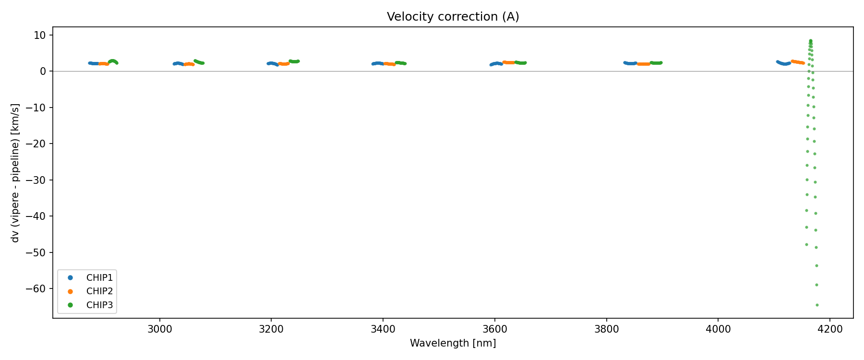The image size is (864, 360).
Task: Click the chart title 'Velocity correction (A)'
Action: click(453, 17)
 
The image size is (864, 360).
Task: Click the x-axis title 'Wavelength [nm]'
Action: click(453, 343)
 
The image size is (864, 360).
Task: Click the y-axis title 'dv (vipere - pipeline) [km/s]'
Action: click(15, 173)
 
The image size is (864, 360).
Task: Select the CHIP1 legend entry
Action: click(99, 277)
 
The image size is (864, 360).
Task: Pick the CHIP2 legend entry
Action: click(99, 291)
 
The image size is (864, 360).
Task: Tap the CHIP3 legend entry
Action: click(99, 305)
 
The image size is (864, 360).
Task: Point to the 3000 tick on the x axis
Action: click(159, 329)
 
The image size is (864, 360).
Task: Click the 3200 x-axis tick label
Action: click(271, 329)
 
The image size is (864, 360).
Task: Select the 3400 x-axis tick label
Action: click(383, 329)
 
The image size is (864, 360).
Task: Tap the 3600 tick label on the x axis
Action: click(494, 329)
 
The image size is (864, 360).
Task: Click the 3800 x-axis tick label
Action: click(606, 329)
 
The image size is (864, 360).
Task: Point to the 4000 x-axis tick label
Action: click(718, 329)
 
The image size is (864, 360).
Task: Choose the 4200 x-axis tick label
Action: click(830, 329)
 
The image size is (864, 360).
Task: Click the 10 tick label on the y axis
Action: click(40, 35)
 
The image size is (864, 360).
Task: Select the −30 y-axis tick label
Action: click(36, 180)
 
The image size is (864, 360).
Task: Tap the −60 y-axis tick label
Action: click(36, 288)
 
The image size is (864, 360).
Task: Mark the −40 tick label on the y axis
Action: click(36, 216)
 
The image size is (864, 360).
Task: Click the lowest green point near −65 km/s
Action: click(817, 305)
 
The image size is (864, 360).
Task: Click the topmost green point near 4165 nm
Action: click(810, 41)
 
